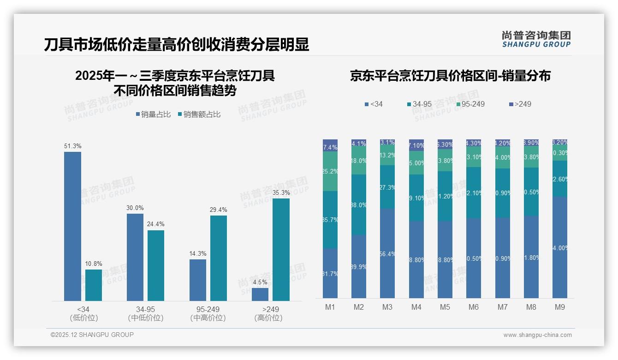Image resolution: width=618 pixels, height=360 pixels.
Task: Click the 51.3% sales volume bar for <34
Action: click(x=72, y=226)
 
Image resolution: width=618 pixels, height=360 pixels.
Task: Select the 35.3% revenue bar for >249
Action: click(x=281, y=250)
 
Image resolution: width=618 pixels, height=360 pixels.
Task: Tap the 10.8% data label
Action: click(x=94, y=264)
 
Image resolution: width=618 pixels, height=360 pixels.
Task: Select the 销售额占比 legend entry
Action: click(x=199, y=114)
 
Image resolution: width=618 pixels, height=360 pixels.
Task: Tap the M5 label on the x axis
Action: click(x=445, y=307)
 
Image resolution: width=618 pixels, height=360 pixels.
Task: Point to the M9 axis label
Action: click(x=559, y=307)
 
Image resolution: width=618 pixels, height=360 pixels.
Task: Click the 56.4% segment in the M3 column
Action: click(x=387, y=253)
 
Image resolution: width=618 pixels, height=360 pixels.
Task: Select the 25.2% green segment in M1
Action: click(x=330, y=171)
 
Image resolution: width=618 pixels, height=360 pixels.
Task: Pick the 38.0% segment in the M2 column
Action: click(x=359, y=205)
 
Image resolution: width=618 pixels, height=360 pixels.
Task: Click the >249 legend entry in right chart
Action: click(x=520, y=104)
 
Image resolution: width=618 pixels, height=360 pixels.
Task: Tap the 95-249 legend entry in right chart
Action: click(x=470, y=104)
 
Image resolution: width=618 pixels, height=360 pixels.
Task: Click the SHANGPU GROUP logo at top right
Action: click(x=536, y=39)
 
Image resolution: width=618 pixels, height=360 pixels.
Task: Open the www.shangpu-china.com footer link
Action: click(x=537, y=335)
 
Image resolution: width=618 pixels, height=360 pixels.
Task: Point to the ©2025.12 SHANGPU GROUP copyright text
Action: click(x=92, y=335)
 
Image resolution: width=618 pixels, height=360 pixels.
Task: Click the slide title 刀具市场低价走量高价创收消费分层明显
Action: click(x=177, y=45)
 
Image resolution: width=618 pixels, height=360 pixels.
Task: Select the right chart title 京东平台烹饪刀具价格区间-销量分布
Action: click(x=450, y=76)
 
